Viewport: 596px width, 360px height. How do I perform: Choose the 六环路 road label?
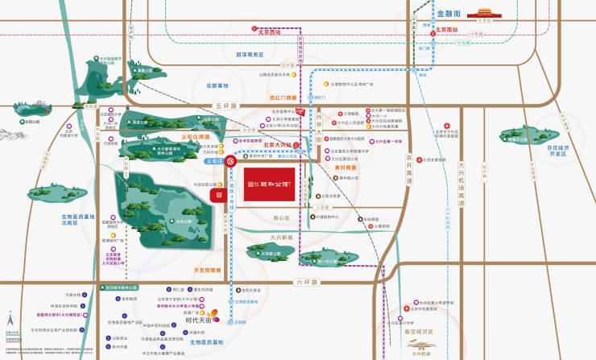tap(308, 282)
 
